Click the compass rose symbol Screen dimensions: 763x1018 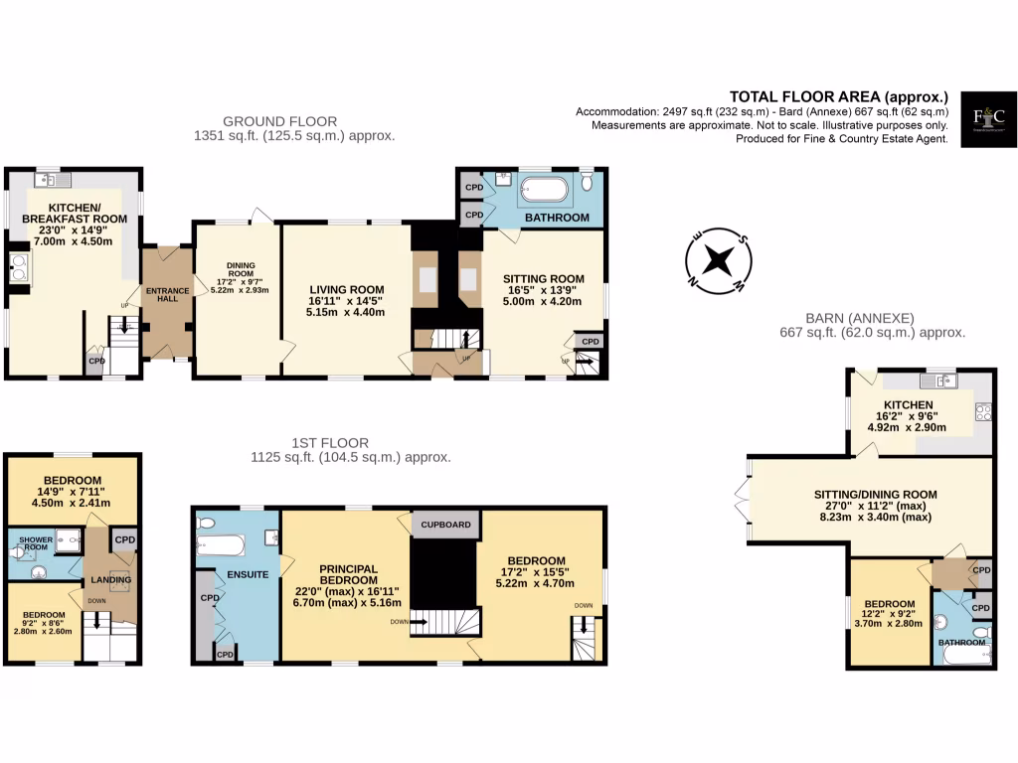tap(718, 261)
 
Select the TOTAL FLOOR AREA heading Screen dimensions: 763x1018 tap(838, 96)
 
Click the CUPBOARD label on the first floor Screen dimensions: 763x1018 tap(445, 524)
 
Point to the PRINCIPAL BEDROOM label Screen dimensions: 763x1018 tap(348, 574)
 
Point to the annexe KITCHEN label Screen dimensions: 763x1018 tap(909, 404)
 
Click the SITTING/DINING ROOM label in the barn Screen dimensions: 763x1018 tap(876, 494)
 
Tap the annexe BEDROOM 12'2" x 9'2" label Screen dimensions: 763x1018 tap(889, 603)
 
